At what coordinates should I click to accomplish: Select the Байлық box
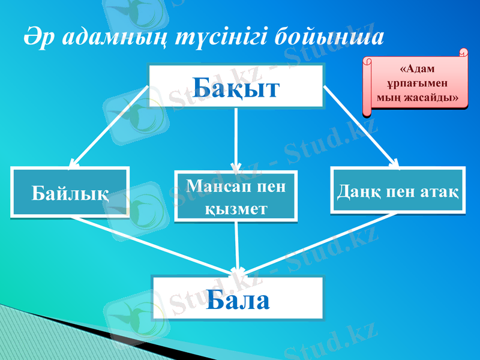pos(70,191)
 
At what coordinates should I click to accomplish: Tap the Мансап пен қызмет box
pos(236,196)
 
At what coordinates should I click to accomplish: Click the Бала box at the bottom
pos(238,298)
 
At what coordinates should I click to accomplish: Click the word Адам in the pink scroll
pos(416,69)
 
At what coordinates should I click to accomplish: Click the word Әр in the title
pos(35,36)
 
